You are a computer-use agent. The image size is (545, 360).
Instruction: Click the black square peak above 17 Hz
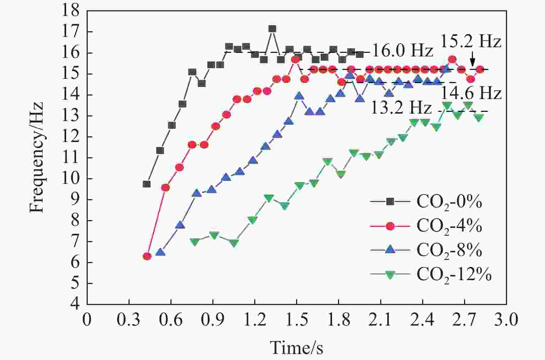(x=272, y=29)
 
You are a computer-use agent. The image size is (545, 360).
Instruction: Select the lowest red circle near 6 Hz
(x=147, y=256)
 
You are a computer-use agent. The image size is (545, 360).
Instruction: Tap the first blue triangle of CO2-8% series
(x=160, y=252)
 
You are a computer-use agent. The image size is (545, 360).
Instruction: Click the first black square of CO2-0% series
(x=146, y=184)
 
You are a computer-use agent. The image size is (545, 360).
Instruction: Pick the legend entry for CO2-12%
(x=454, y=274)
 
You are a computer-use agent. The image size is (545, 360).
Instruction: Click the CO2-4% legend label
(x=449, y=226)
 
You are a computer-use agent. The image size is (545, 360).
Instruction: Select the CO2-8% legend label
(x=449, y=250)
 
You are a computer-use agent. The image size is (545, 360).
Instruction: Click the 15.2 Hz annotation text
(x=471, y=42)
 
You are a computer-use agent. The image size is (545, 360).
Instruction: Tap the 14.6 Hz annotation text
(x=471, y=93)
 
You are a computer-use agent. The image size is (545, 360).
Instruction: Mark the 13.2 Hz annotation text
(x=401, y=107)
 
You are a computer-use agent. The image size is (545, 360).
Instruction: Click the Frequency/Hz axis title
(x=36, y=157)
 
